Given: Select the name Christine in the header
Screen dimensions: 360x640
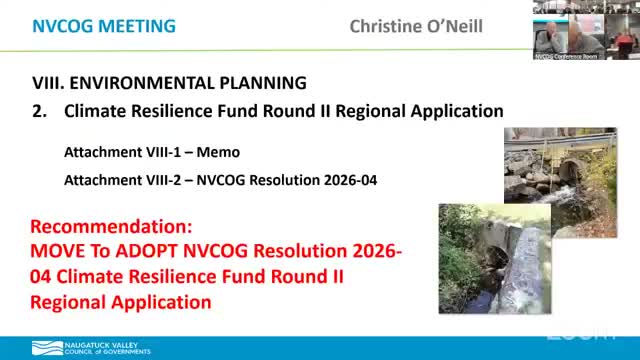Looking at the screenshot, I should coord(386,25).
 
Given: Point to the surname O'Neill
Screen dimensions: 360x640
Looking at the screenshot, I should coord(456,25).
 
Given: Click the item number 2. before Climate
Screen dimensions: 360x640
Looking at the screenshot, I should coord(40,112).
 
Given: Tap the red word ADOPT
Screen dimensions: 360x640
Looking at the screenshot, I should coord(148,251).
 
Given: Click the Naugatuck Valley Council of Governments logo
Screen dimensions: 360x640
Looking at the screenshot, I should coord(91,348).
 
